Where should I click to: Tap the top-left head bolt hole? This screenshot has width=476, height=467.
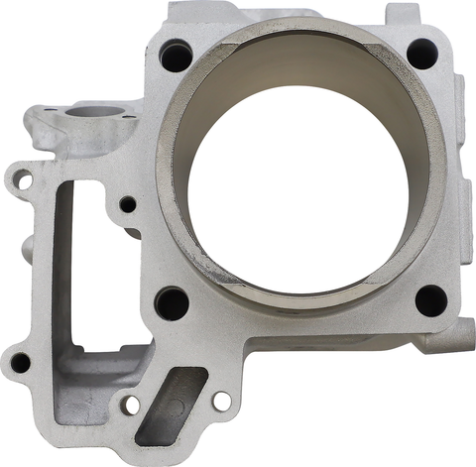[x=178, y=50]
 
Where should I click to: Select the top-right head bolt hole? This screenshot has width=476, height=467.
[x=422, y=52]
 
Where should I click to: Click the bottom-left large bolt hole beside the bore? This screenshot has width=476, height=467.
[x=173, y=300]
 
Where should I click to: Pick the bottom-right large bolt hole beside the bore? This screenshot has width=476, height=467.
[x=428, y=300]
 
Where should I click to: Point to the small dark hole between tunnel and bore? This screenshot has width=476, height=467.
[x=128, y=205]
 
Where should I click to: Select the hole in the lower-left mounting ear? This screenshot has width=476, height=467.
[x=19, y=362]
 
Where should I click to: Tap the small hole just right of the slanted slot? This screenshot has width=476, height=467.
[x=222, y=401]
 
